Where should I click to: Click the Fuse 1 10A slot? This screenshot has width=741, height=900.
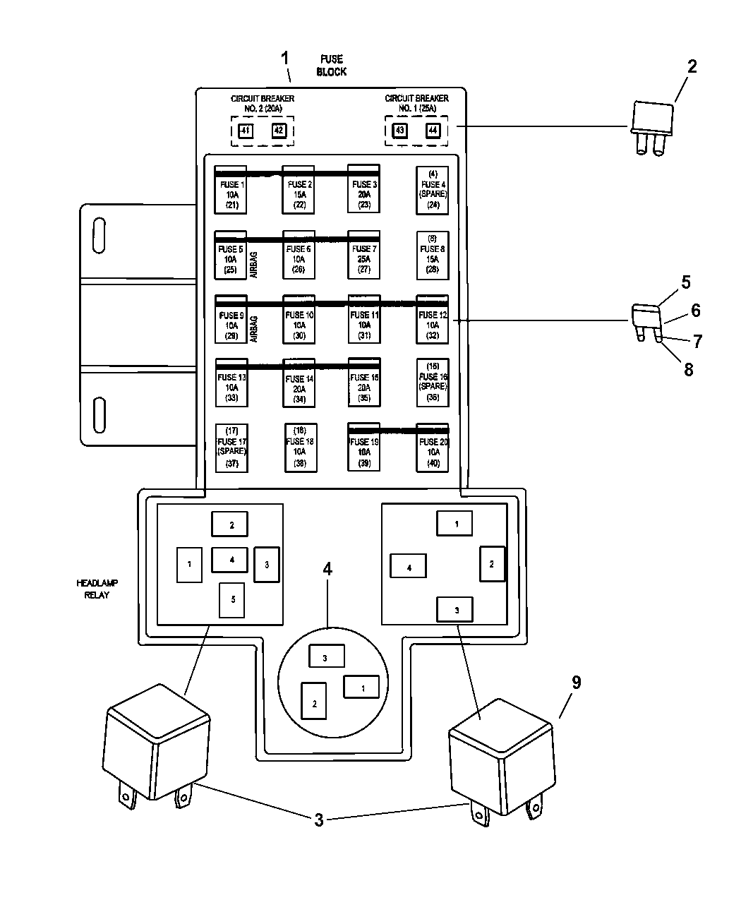[230, 190]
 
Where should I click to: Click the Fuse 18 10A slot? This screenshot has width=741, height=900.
[300, 448]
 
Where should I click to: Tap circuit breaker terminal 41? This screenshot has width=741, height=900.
[244, 131]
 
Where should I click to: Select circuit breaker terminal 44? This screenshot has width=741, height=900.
[433, 131]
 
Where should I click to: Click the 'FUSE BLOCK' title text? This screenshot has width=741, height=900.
[332, 66]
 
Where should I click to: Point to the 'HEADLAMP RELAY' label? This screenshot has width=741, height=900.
[97, 589]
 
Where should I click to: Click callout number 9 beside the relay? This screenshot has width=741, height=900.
[576, 683]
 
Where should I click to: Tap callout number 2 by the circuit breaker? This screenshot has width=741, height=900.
[692, 67]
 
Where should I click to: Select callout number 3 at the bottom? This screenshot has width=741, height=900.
[319, 820]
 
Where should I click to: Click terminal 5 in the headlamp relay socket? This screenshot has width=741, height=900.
[232, 600]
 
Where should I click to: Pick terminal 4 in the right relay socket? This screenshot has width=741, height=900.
[409, 568]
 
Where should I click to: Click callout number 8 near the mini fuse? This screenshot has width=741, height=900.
[689, 369]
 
